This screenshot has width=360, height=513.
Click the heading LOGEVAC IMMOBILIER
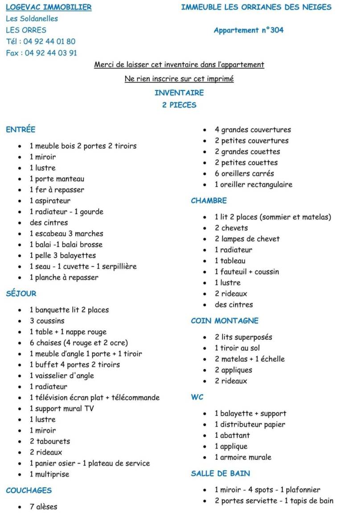click(49, 7)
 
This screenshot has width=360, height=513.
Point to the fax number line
click(41, 53)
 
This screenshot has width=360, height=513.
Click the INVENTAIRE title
click(179, 93)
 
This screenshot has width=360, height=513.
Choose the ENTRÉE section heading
click(20, 130)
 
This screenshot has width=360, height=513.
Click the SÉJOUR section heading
click(21, 293)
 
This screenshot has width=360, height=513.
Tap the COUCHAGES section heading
click(29, 490)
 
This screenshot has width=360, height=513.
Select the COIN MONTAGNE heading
click(225, 321)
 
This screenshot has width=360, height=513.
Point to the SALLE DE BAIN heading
click(221, 473)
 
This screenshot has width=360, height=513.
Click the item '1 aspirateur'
click(50, 201)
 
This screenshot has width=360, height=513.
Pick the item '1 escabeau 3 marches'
click(66, 234)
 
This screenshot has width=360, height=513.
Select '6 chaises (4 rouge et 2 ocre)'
click(79, 343)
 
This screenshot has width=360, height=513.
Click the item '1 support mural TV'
click(62, 408)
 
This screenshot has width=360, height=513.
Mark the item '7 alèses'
click(43, 507)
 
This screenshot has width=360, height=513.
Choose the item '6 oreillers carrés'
click(244, 174)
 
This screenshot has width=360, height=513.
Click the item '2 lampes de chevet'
click(247, 239)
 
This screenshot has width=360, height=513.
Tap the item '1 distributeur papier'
click(250, 424)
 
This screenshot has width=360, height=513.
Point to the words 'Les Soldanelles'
click(32, 19)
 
